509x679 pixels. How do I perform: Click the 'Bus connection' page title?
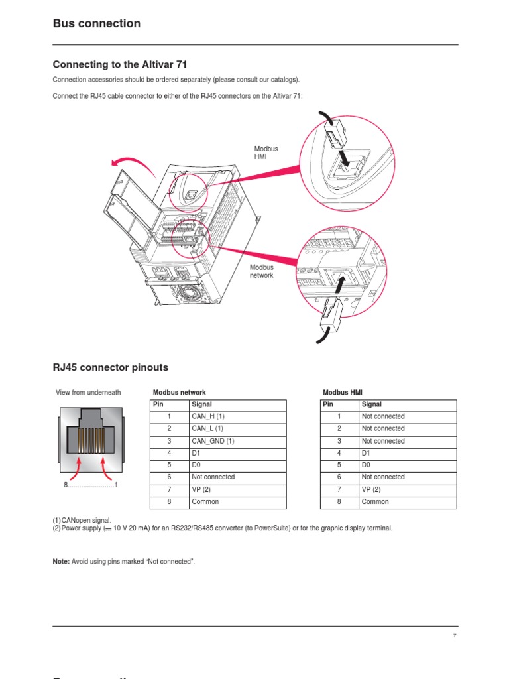(97, 24)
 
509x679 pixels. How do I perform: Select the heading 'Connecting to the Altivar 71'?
(115, 65)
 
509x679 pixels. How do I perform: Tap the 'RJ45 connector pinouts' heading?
(111, 367)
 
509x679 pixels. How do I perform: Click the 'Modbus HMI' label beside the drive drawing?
(266, 153)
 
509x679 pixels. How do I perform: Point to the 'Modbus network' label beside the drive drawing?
(262, 271)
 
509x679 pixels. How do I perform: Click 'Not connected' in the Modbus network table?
(213, 477)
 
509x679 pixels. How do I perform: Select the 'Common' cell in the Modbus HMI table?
(375, 502)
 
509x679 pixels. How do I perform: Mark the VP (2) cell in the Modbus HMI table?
(371, 489)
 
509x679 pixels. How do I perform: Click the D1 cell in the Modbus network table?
(196, 453)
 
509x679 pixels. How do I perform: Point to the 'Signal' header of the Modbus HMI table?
(372, 404)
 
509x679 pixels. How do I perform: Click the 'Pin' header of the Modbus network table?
(158, 404)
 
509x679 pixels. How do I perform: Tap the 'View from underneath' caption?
(88, 393)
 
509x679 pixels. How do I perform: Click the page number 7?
(455, 636)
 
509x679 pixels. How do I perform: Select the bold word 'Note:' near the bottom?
(61, 562)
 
